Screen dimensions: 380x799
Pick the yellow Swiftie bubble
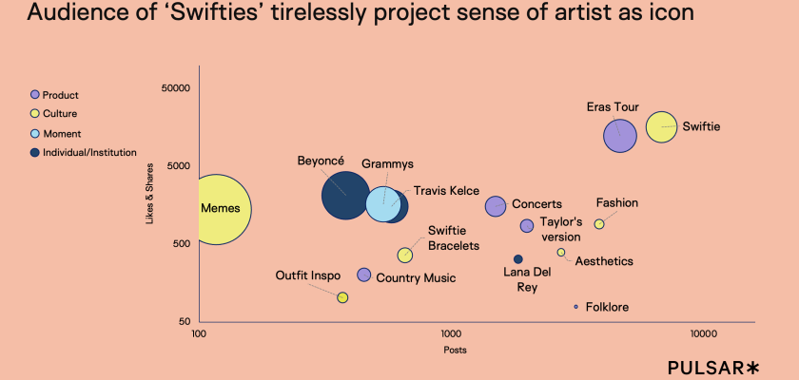[661, 126]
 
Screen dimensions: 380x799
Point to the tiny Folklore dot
[575, 307]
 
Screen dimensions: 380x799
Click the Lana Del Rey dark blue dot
[518, 259]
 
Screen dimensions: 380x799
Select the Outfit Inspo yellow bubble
[342, 297]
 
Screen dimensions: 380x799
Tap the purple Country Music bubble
[363, 275]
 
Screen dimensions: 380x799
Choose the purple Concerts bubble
[496, 205]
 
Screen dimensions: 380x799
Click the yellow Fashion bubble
[599, 224]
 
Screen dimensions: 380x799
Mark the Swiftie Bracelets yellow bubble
[404, 255]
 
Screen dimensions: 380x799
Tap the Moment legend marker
[35, 133]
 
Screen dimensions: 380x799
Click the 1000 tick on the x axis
[450, 335]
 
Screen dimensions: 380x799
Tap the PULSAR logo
[714, 367]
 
